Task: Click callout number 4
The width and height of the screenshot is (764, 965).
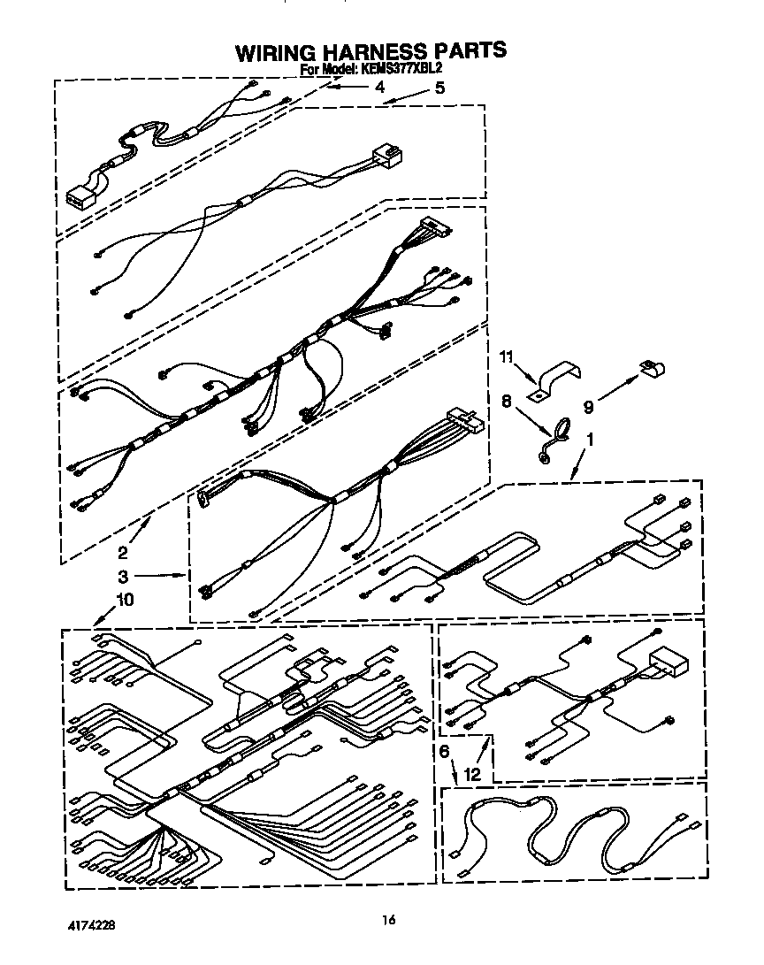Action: pyautogui.click(x=380, y=88)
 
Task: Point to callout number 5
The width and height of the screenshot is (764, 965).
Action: pyautogui.click(x=439, y=88)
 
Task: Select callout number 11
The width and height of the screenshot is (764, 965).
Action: pyautogui.click(x=506, y=357)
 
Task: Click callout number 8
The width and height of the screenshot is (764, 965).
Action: pyautogui.click(x=507, y=402)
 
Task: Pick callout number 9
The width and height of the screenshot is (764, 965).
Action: pyautogui.click(x=588, y=407)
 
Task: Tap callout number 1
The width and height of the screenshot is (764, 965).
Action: pyautogui.click(x=591, y=440)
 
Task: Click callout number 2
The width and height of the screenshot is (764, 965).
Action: pyautogui.click(x=123, y=553)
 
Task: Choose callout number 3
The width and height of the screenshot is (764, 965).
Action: pyautogui.click(x=124, y=577)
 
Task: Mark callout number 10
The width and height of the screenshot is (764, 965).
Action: pyautogui.click(x=125, y=600)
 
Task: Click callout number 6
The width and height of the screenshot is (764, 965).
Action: pyautogui.click(x=445, y=751)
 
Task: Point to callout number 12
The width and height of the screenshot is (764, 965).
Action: pyautogui.click(x=472, y=774)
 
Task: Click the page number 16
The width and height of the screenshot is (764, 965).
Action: pyautogui.click(x=388, y=920)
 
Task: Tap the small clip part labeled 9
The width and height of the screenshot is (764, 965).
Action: pyautogui.click(x=652, y=368)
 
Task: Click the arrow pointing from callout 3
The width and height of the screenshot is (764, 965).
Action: pyautogui.click(x=160, y=576)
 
